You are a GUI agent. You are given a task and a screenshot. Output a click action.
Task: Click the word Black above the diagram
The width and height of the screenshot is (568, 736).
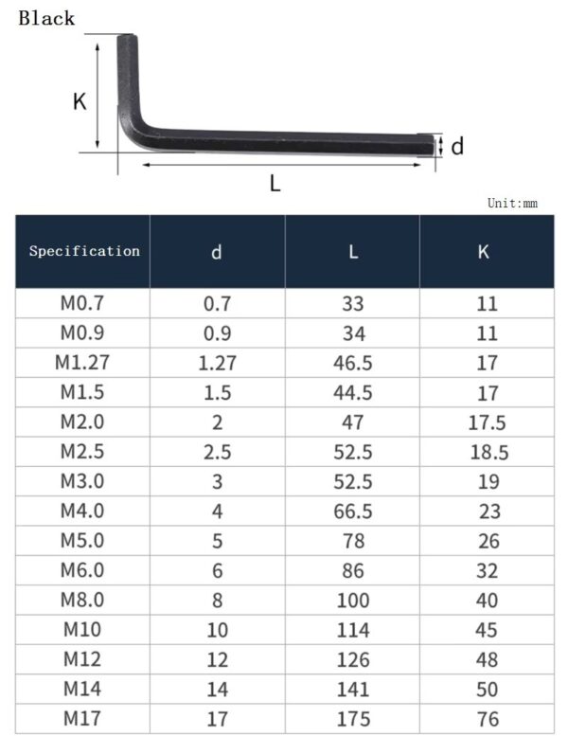tap(46, 18)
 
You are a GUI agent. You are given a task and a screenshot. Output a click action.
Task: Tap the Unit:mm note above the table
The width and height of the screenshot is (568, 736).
tap(512, 203)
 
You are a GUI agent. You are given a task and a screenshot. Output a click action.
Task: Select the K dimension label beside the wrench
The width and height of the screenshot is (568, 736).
tap(80, 101)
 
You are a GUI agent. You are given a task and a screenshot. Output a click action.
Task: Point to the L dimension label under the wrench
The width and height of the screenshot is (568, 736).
tap(275, 184)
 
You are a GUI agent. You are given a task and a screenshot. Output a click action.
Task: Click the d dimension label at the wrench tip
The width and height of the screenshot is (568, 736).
tap(457, 147)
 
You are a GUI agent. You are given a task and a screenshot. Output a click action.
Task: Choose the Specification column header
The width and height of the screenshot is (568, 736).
tap(84, 251)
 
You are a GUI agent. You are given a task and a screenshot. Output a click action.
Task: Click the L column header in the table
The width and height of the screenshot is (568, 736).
tap(352, 252)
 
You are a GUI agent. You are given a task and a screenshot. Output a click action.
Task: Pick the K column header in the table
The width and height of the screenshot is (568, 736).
tap(484, 252)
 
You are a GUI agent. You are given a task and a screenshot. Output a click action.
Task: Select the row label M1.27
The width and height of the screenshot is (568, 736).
tap(82, 363)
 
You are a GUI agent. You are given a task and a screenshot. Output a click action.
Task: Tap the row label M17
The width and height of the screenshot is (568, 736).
tap(82, 718)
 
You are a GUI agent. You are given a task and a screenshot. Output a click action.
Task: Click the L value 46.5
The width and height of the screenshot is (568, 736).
tap(352, 363)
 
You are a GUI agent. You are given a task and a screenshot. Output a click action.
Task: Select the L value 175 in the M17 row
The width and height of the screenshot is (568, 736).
tap(352, 718)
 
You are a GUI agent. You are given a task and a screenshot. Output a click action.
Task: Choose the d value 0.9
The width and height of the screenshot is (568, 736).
tap(217, 333)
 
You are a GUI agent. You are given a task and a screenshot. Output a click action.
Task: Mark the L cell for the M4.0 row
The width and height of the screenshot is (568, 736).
tap(352, 512)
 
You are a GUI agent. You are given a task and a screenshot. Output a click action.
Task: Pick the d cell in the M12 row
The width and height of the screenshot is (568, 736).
tap(217, 659)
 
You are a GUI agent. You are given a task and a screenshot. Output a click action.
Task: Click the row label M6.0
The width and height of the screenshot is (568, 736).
tap(82, 570)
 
